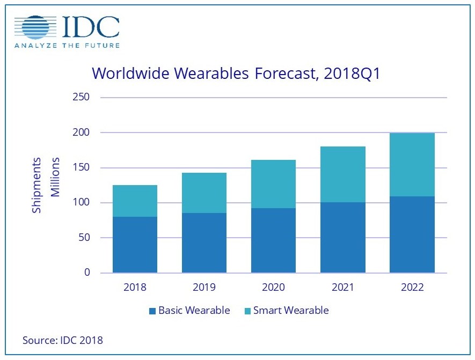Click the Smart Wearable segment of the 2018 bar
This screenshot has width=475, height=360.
(135, 201)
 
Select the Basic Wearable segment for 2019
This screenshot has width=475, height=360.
(204, 243)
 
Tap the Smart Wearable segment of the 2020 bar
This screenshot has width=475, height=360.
(273, 184)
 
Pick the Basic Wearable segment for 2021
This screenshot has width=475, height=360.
(342, 237)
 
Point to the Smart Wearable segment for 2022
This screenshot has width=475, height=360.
(412, 165)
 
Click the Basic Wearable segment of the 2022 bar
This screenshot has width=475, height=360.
(412, 234)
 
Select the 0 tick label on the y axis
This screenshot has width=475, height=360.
(86, 273)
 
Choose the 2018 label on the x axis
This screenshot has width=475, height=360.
(135, 288)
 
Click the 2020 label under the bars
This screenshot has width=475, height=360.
(273, 288)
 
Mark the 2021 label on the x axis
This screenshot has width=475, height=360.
(342, 288)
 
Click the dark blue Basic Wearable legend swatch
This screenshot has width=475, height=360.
(152, 311)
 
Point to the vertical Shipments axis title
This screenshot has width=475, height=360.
(37, 185)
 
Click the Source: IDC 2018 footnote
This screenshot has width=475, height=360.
(62, 340)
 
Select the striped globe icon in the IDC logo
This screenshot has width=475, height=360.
(34, 28)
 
